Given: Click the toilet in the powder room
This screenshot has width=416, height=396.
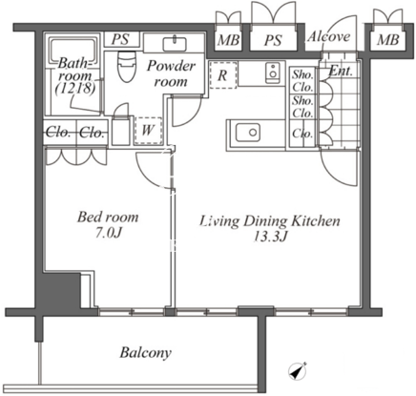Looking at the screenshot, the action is pyautogui.click(x=127, y=66).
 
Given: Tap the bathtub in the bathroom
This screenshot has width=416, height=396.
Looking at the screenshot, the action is pyautogui.click(x=73, y=51).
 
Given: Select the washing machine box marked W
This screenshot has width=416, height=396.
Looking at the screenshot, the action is pyautogui.click(x=148, y=130).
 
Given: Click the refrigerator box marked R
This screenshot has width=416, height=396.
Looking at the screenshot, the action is pyautogui.click(x=223, y=75).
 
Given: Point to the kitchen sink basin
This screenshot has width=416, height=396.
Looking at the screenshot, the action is pyautogui.click(x=248, y=133).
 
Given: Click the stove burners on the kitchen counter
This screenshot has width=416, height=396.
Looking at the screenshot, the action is pyautogui.click(x=273, y=73).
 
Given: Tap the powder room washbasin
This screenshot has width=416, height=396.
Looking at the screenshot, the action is pyautogui.click(x=175, y=44).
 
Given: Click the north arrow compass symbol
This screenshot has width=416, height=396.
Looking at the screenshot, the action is pyautogui.click(x=298, y=371).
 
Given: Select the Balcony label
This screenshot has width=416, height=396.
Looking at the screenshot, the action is pyautogui.click(x=145, y=352).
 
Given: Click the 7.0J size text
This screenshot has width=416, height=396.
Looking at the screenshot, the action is pyautogui.click(x=109, y=233).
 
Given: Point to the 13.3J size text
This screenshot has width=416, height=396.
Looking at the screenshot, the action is pyautogui.click(x=270, y=236).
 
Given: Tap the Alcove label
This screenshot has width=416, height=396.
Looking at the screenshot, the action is pyautogui.click(x=328, y=36).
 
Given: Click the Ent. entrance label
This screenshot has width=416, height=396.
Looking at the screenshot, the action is pyautogui.click(x=341, y=71).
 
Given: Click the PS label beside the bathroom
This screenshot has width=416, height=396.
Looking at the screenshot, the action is pyautogui.click(x=120, y=39).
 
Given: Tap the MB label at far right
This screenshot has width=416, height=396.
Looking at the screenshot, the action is pyautogui.click(x=388, y=40).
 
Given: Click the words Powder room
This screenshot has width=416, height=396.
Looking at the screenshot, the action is pyautogui.click(x=171, y=73).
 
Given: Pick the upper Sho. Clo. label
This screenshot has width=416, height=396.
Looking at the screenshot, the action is pyautogui.click(x=302, y=80).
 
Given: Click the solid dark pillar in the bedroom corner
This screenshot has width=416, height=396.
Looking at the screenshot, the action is pyautogui.click(x=57, y=290).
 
